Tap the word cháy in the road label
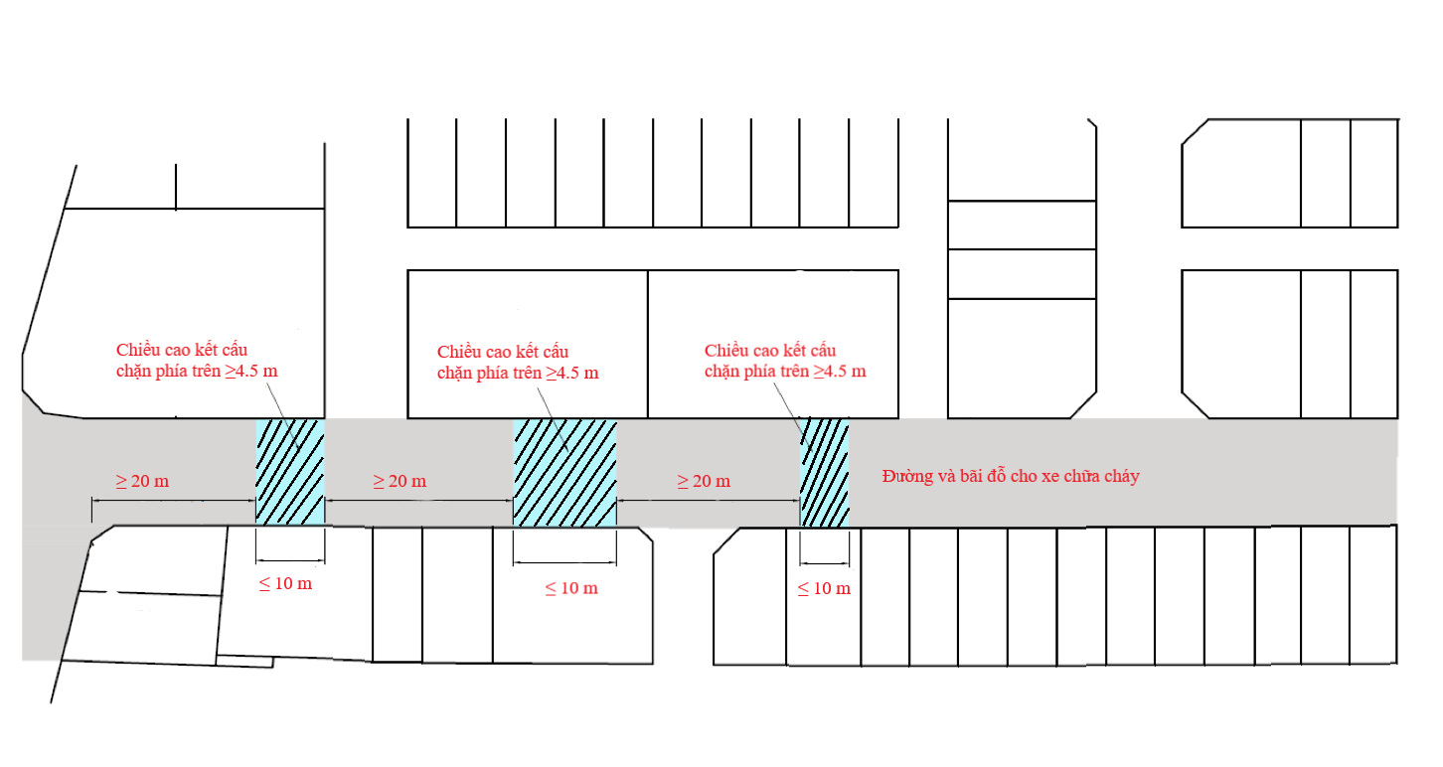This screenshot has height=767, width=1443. (x=1120, y=476)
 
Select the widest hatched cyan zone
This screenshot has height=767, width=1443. (x=564, y=472)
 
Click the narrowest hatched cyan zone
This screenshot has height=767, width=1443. (x=825, y=472)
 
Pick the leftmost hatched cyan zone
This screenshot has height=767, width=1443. (x=290, y=472)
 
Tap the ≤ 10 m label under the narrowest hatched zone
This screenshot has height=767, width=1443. (x=824, y=588)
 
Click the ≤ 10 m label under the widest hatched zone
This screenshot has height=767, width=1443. (x=571, y=587)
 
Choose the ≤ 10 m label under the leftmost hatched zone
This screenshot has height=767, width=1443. (x=285, y=583)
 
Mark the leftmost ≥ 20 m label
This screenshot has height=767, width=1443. (x=142, y=481)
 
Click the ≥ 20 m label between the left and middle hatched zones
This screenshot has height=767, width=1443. (x=400, y=481)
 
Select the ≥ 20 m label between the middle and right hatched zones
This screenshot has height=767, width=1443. (x=704, y=481)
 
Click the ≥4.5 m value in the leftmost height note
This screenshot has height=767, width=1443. (x=258, y=372)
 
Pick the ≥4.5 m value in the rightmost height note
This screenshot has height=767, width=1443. (x=840, y=372)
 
